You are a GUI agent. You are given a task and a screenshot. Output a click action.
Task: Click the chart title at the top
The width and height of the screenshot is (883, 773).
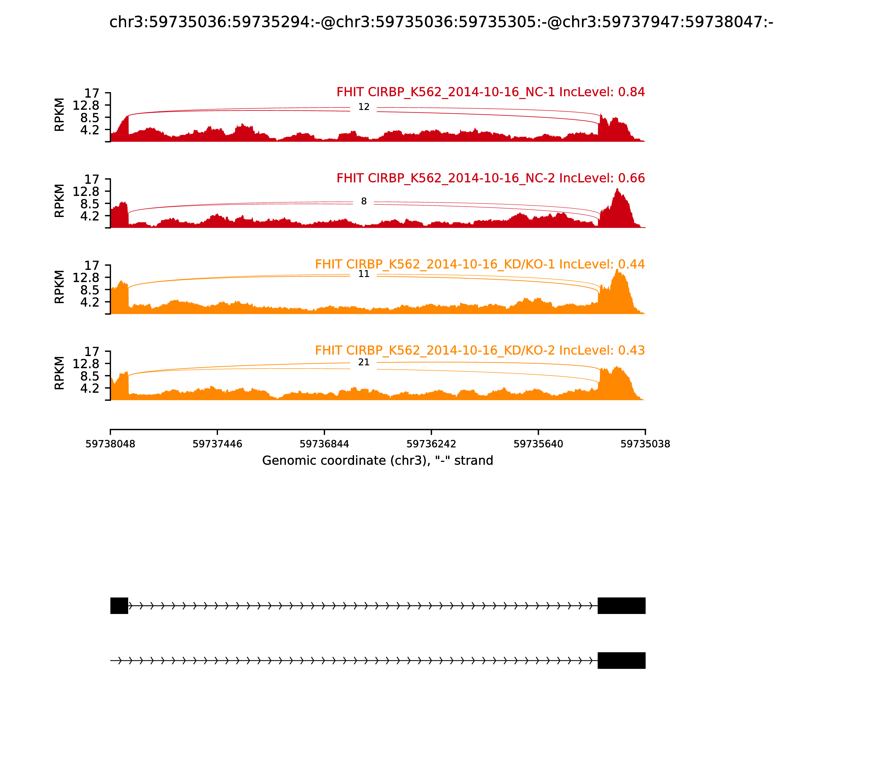[441, 22]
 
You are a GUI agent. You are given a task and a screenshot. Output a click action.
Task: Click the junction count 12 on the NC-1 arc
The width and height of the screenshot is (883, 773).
[363, 107]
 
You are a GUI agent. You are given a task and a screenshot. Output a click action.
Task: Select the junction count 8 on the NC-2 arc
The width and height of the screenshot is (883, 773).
[363, 202]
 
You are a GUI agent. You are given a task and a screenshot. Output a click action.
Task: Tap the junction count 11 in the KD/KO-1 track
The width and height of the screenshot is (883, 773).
[363, 274]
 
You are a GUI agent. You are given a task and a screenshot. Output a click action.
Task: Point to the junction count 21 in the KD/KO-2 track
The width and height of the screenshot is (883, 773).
[363, 362]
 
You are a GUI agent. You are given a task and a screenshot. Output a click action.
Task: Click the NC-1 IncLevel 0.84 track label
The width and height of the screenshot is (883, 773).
[490, 92]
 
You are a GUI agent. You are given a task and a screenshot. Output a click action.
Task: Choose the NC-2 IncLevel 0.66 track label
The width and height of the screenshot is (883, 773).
[490, 178]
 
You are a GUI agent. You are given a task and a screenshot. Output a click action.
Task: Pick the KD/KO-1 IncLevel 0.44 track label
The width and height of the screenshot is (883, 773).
[480, 264]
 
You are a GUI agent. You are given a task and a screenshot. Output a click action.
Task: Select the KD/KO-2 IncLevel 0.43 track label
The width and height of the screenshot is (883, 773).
[480, 350]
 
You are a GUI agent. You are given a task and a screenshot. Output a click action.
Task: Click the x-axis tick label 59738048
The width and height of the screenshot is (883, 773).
[110, 444]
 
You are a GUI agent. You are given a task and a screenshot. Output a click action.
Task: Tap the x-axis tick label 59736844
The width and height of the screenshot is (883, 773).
[324, 444]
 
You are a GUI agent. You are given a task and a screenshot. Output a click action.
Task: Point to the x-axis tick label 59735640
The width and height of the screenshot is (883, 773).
[538, 444]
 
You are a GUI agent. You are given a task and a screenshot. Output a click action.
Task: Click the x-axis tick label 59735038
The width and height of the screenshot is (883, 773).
[645, 444]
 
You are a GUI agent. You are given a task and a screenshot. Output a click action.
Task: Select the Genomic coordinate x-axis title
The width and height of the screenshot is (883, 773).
[377, 461]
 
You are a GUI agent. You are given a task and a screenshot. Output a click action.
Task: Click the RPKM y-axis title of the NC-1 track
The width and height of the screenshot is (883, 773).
[60, 115]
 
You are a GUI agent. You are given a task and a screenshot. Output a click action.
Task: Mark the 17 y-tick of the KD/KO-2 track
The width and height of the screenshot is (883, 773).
[91, 351]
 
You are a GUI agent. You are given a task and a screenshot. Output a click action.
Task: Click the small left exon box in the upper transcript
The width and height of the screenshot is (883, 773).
[119, 606]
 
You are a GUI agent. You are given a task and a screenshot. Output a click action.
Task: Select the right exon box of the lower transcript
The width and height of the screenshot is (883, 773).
[621, 660]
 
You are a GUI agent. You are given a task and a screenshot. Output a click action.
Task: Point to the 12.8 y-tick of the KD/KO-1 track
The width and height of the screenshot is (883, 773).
[86, 278]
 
